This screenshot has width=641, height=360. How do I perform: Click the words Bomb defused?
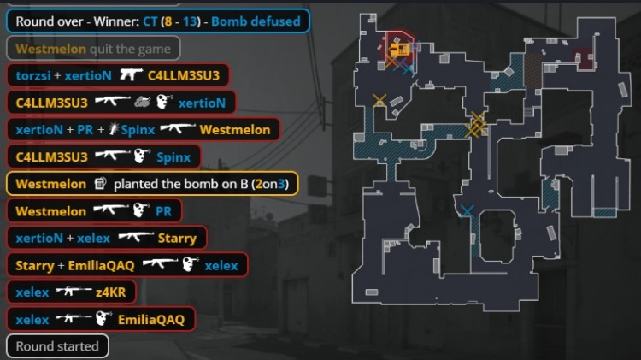(256, 21)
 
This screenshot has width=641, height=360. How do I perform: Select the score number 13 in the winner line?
(190, 21)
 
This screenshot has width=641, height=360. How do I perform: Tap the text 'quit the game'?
(130, 49)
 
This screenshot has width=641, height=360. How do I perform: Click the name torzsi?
(33, 76)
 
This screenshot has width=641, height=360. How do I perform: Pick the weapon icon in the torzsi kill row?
(132, 75)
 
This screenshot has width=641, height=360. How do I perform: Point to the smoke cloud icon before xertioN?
(142, 102)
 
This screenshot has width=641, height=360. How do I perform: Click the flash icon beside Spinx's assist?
(113, 129)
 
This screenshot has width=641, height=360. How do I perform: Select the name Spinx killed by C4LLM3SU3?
(173, 157)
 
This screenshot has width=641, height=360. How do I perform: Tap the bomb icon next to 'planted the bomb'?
(100, 183)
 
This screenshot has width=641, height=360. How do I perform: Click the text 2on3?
(269, 184)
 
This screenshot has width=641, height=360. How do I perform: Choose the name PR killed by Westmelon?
(163, 211)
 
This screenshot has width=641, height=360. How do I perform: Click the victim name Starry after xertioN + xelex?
(177, 239)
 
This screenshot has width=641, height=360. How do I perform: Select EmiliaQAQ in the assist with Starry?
(101, 266)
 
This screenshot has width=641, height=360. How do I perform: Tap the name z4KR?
(110, 292)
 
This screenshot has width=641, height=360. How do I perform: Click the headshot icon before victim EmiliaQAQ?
(103, 318)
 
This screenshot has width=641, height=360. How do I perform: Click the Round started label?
(57, 346)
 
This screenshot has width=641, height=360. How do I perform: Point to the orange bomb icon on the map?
(399, 50)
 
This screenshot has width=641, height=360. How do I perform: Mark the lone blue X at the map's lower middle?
(467, 211)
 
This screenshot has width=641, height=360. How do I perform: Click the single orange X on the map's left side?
(379, 100)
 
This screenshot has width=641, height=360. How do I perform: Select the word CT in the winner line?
(150, 21)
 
